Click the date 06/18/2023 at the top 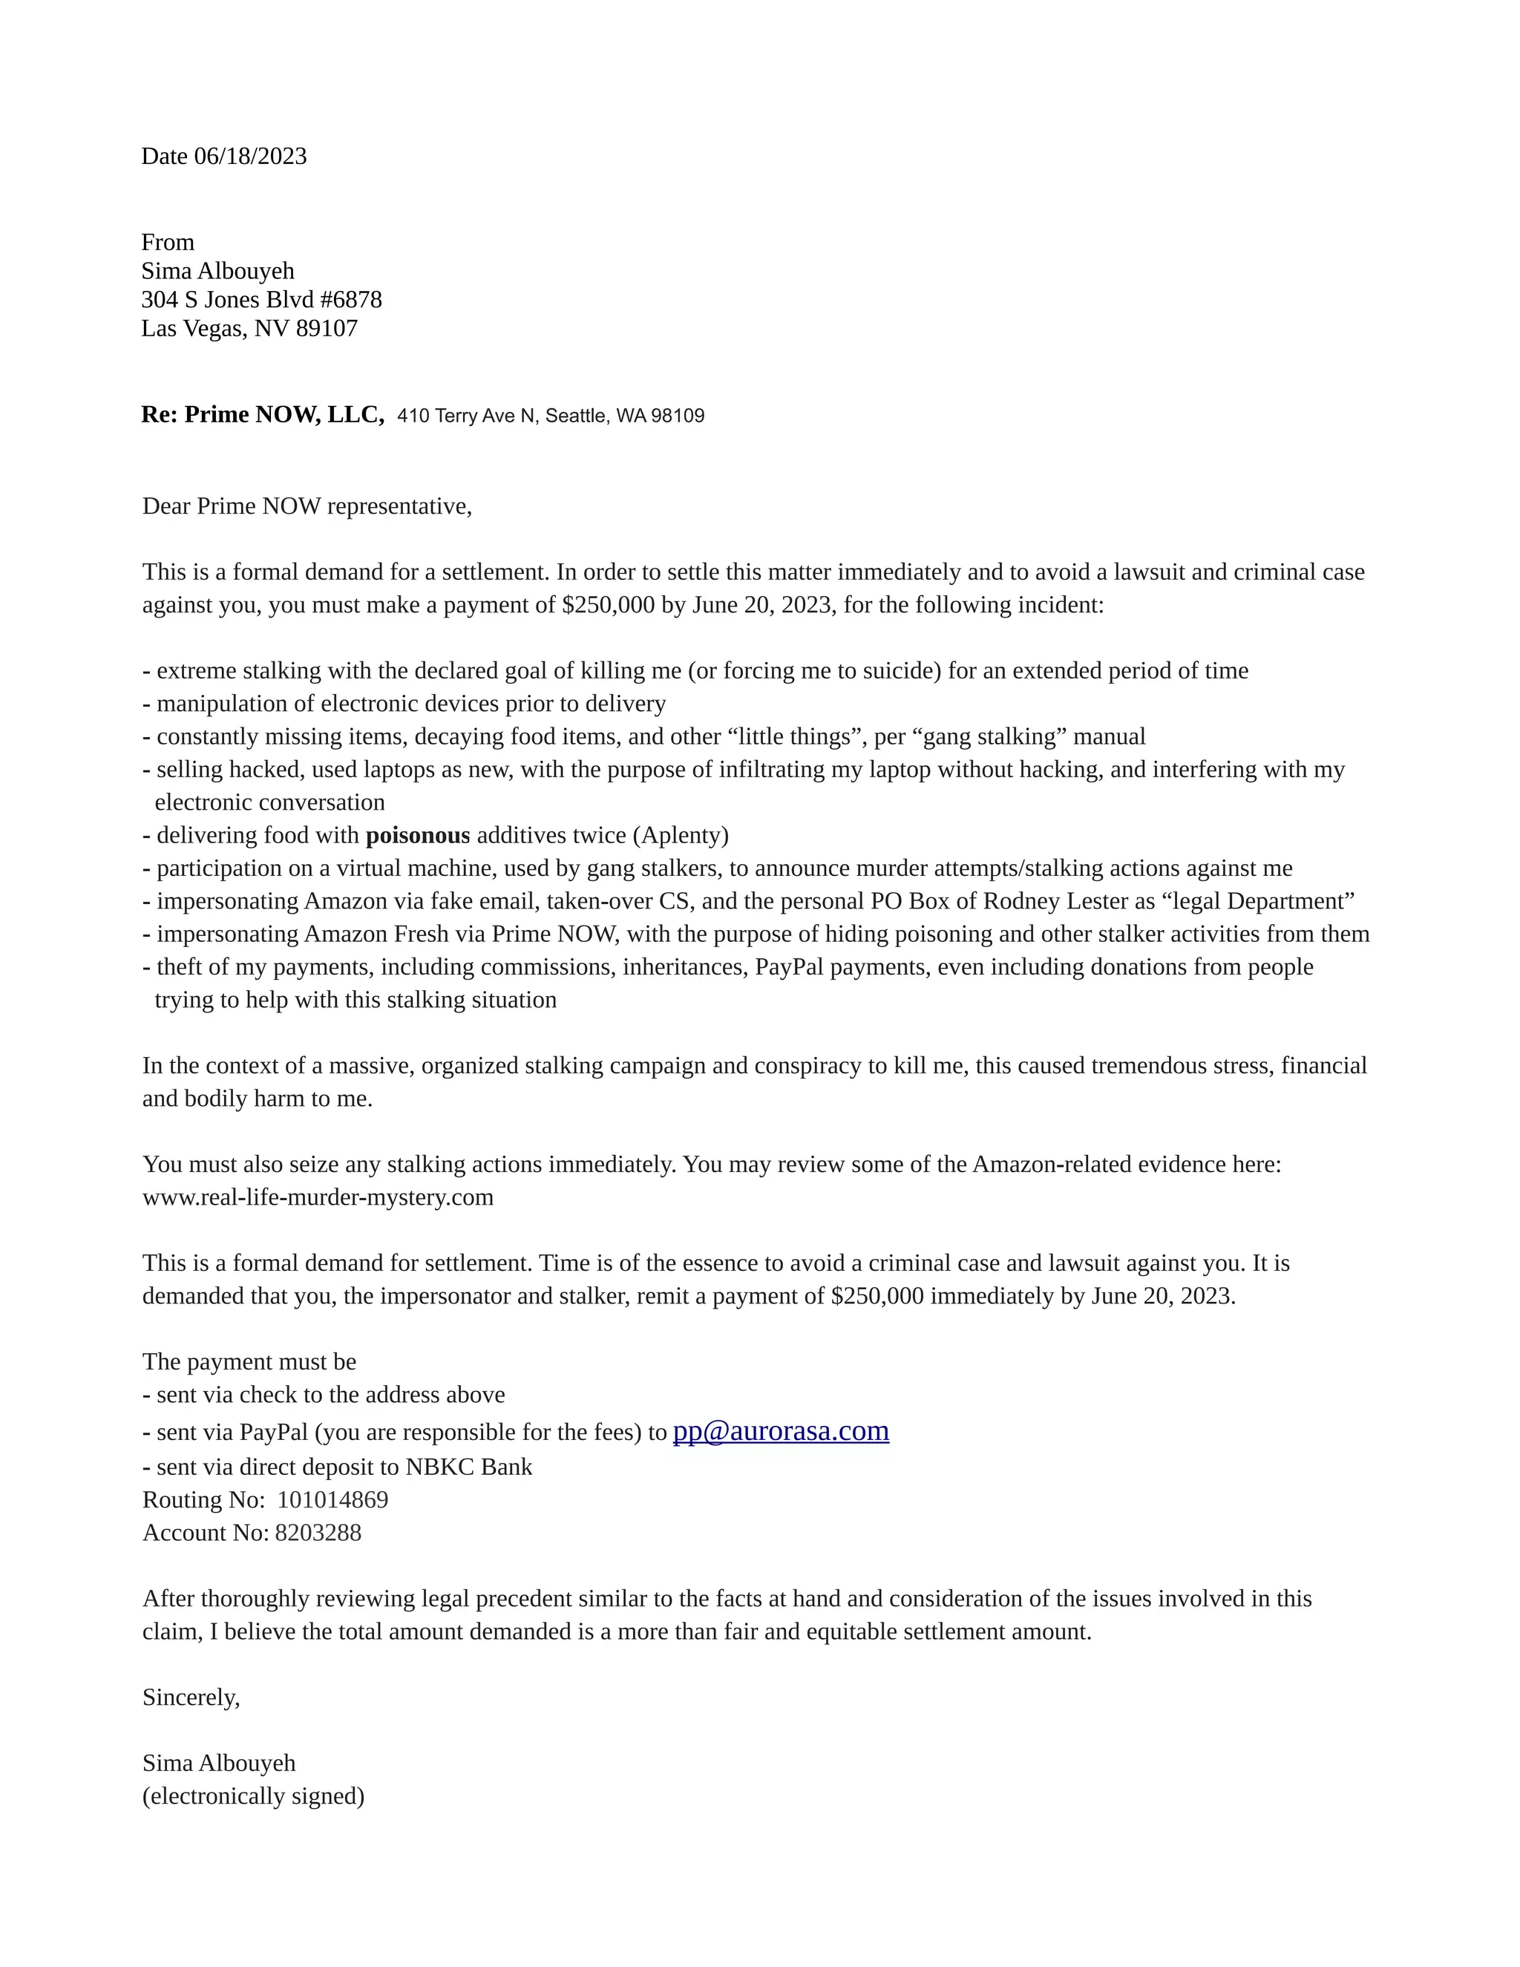250,156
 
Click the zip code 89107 327,328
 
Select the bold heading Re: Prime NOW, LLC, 263,414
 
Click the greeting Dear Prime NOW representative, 307,506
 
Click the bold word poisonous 418,835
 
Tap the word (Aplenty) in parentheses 681,835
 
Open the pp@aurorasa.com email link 781,1431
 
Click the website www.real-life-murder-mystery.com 318,1197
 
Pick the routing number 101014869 332,1499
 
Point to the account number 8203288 318,1533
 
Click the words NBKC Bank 468,1467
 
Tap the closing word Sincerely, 191,1698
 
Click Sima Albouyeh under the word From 218,270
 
